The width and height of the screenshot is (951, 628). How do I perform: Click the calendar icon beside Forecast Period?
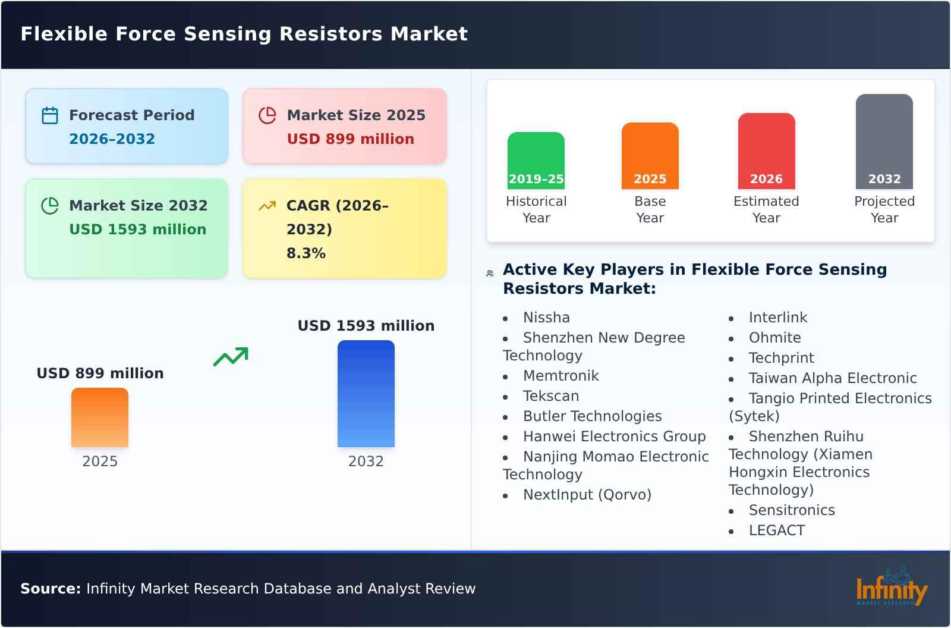(50, 115)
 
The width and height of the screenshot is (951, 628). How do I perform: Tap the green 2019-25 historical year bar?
(536, 161)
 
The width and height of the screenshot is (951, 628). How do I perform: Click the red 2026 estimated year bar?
(766, 151)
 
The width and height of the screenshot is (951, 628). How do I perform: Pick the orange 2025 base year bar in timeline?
(650, 156)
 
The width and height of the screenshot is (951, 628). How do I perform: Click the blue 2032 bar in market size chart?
(366, 394)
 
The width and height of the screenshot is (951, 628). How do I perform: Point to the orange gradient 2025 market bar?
(100, 417)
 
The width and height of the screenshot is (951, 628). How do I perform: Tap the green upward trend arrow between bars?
(231, 357)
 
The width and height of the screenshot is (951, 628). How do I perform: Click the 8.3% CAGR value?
(306, 253)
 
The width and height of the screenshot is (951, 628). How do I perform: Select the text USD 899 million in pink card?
(350, 139)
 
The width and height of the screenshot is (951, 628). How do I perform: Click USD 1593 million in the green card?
(137, 230)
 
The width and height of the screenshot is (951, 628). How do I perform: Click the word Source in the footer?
(50, 589)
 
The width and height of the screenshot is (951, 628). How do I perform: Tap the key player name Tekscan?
(550, 396)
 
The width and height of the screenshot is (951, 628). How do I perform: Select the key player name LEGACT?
(776, 530)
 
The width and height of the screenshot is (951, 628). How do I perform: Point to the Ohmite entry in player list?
(774, 338)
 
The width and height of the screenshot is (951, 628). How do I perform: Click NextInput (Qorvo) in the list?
(587, 495)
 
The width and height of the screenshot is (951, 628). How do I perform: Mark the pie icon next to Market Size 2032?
(50, 206)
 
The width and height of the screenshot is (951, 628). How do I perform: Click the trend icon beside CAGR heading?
(267, 206)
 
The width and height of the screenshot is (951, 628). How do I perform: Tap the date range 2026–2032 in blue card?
(112, 139)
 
